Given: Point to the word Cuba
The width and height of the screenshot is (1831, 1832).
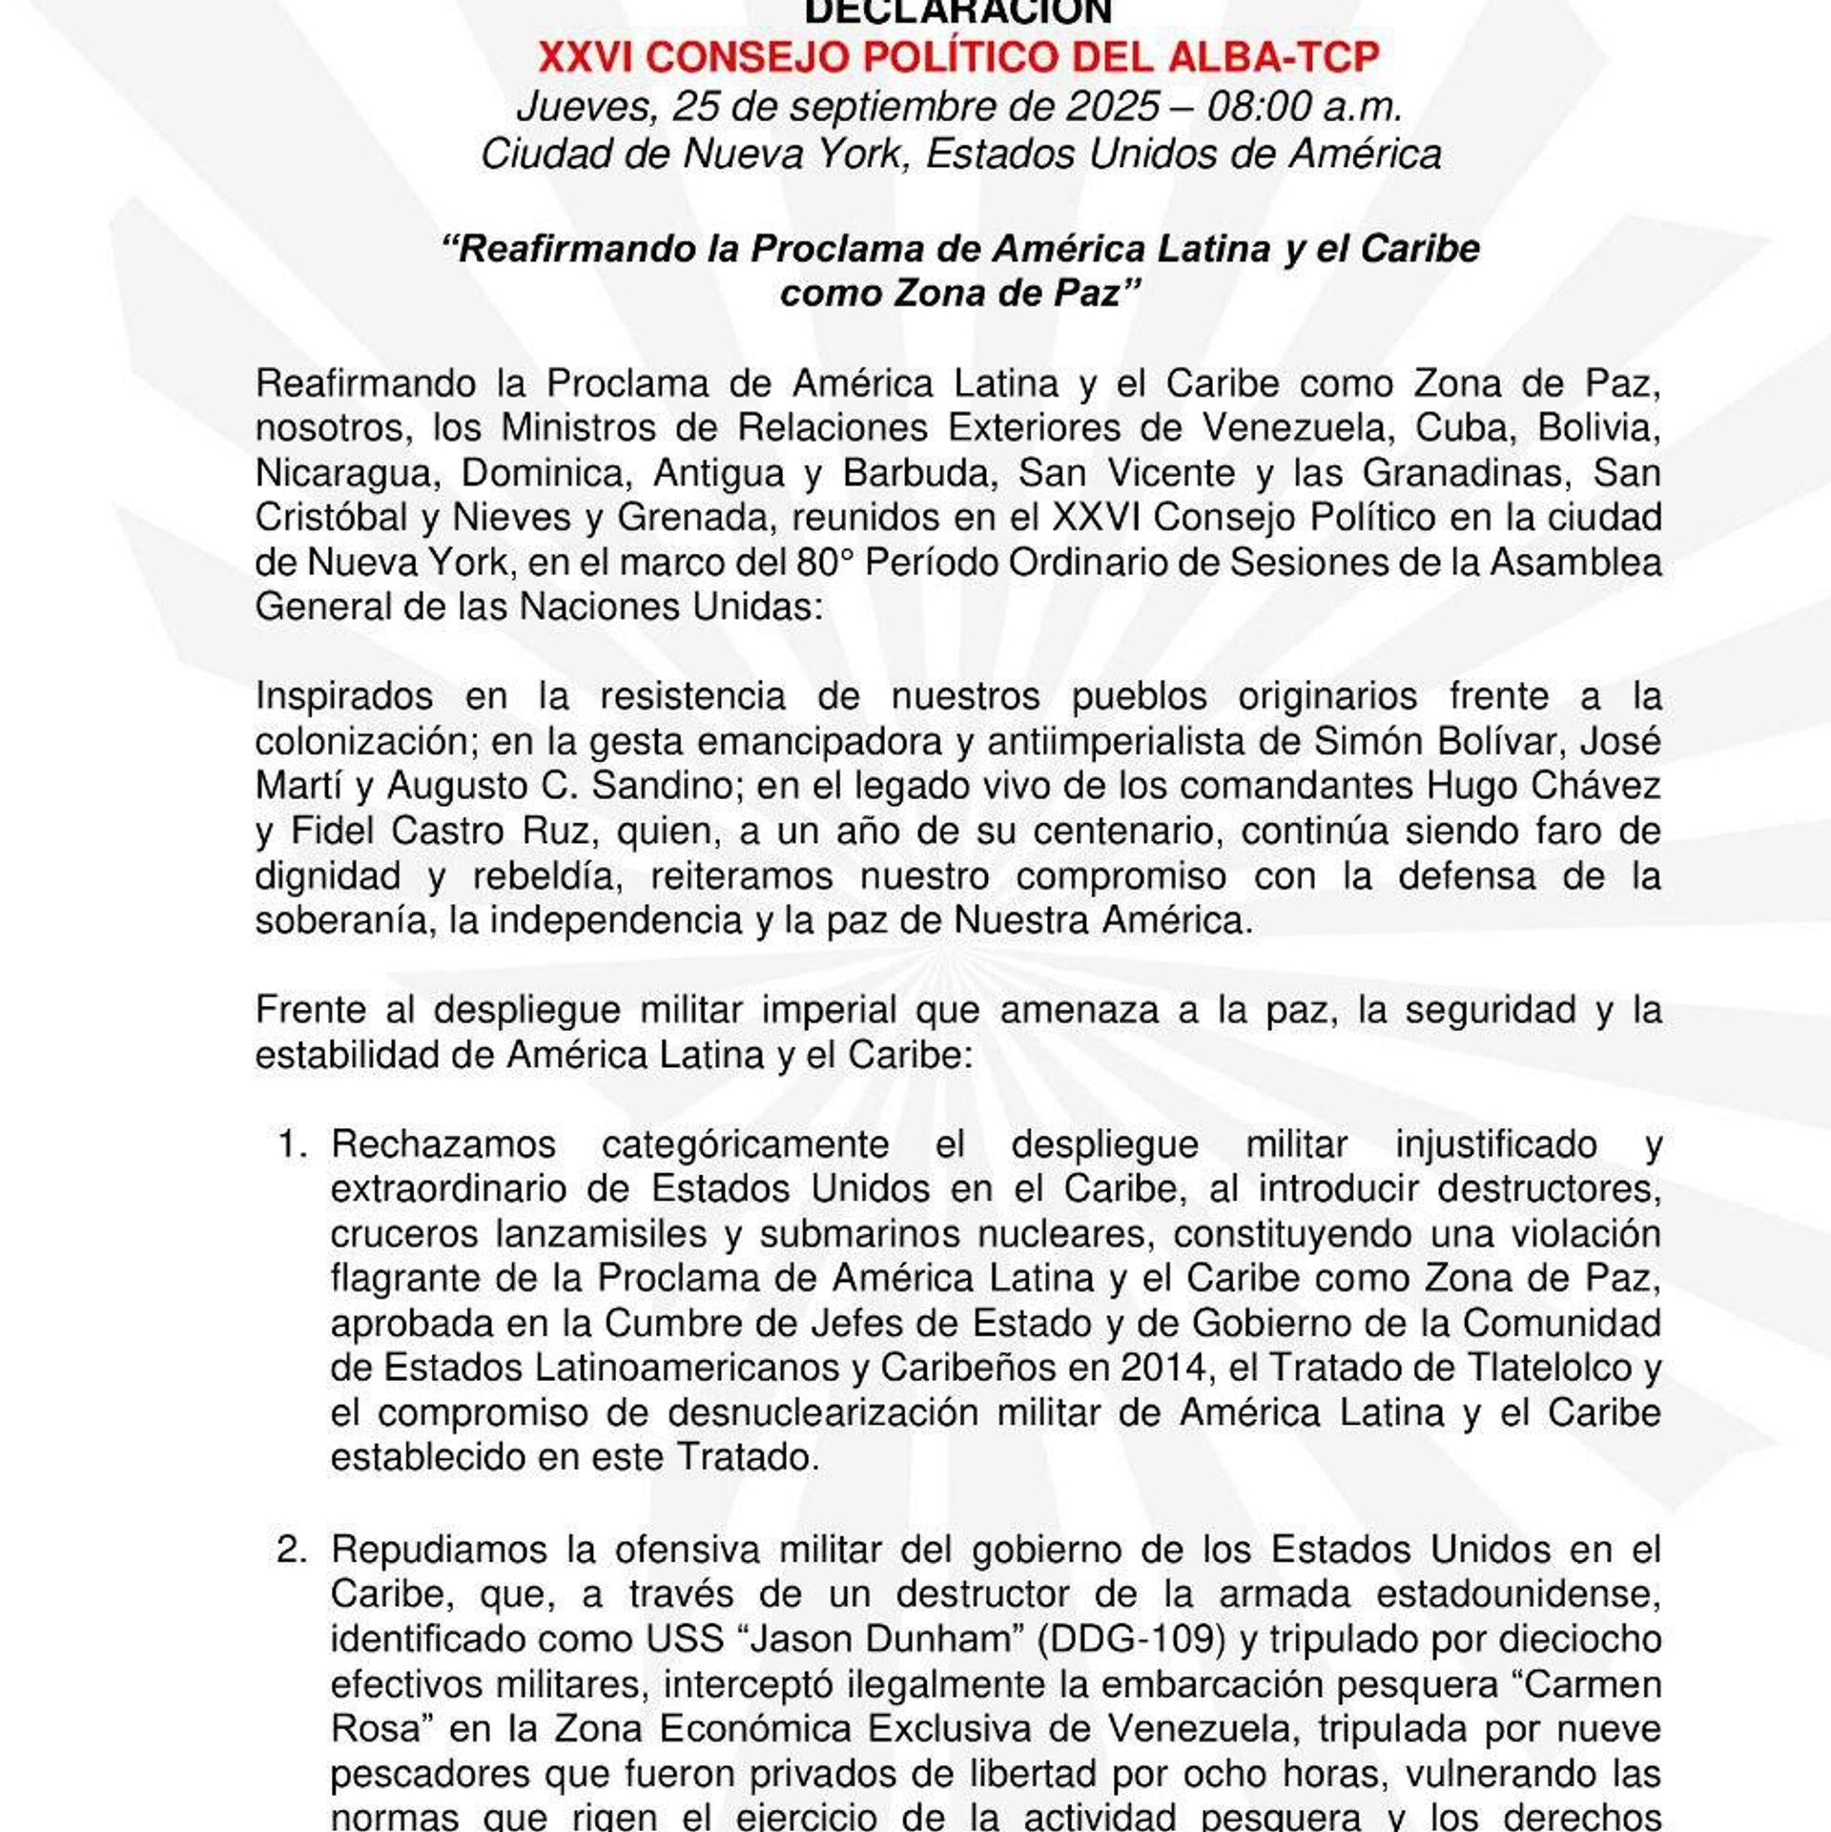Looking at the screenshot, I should [1459, 428].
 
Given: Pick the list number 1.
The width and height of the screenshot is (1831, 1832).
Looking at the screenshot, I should [292, 1144].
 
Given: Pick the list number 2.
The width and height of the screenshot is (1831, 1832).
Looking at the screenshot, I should [292, 1551].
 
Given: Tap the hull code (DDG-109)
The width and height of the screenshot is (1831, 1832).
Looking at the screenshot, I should [1131, 1640].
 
